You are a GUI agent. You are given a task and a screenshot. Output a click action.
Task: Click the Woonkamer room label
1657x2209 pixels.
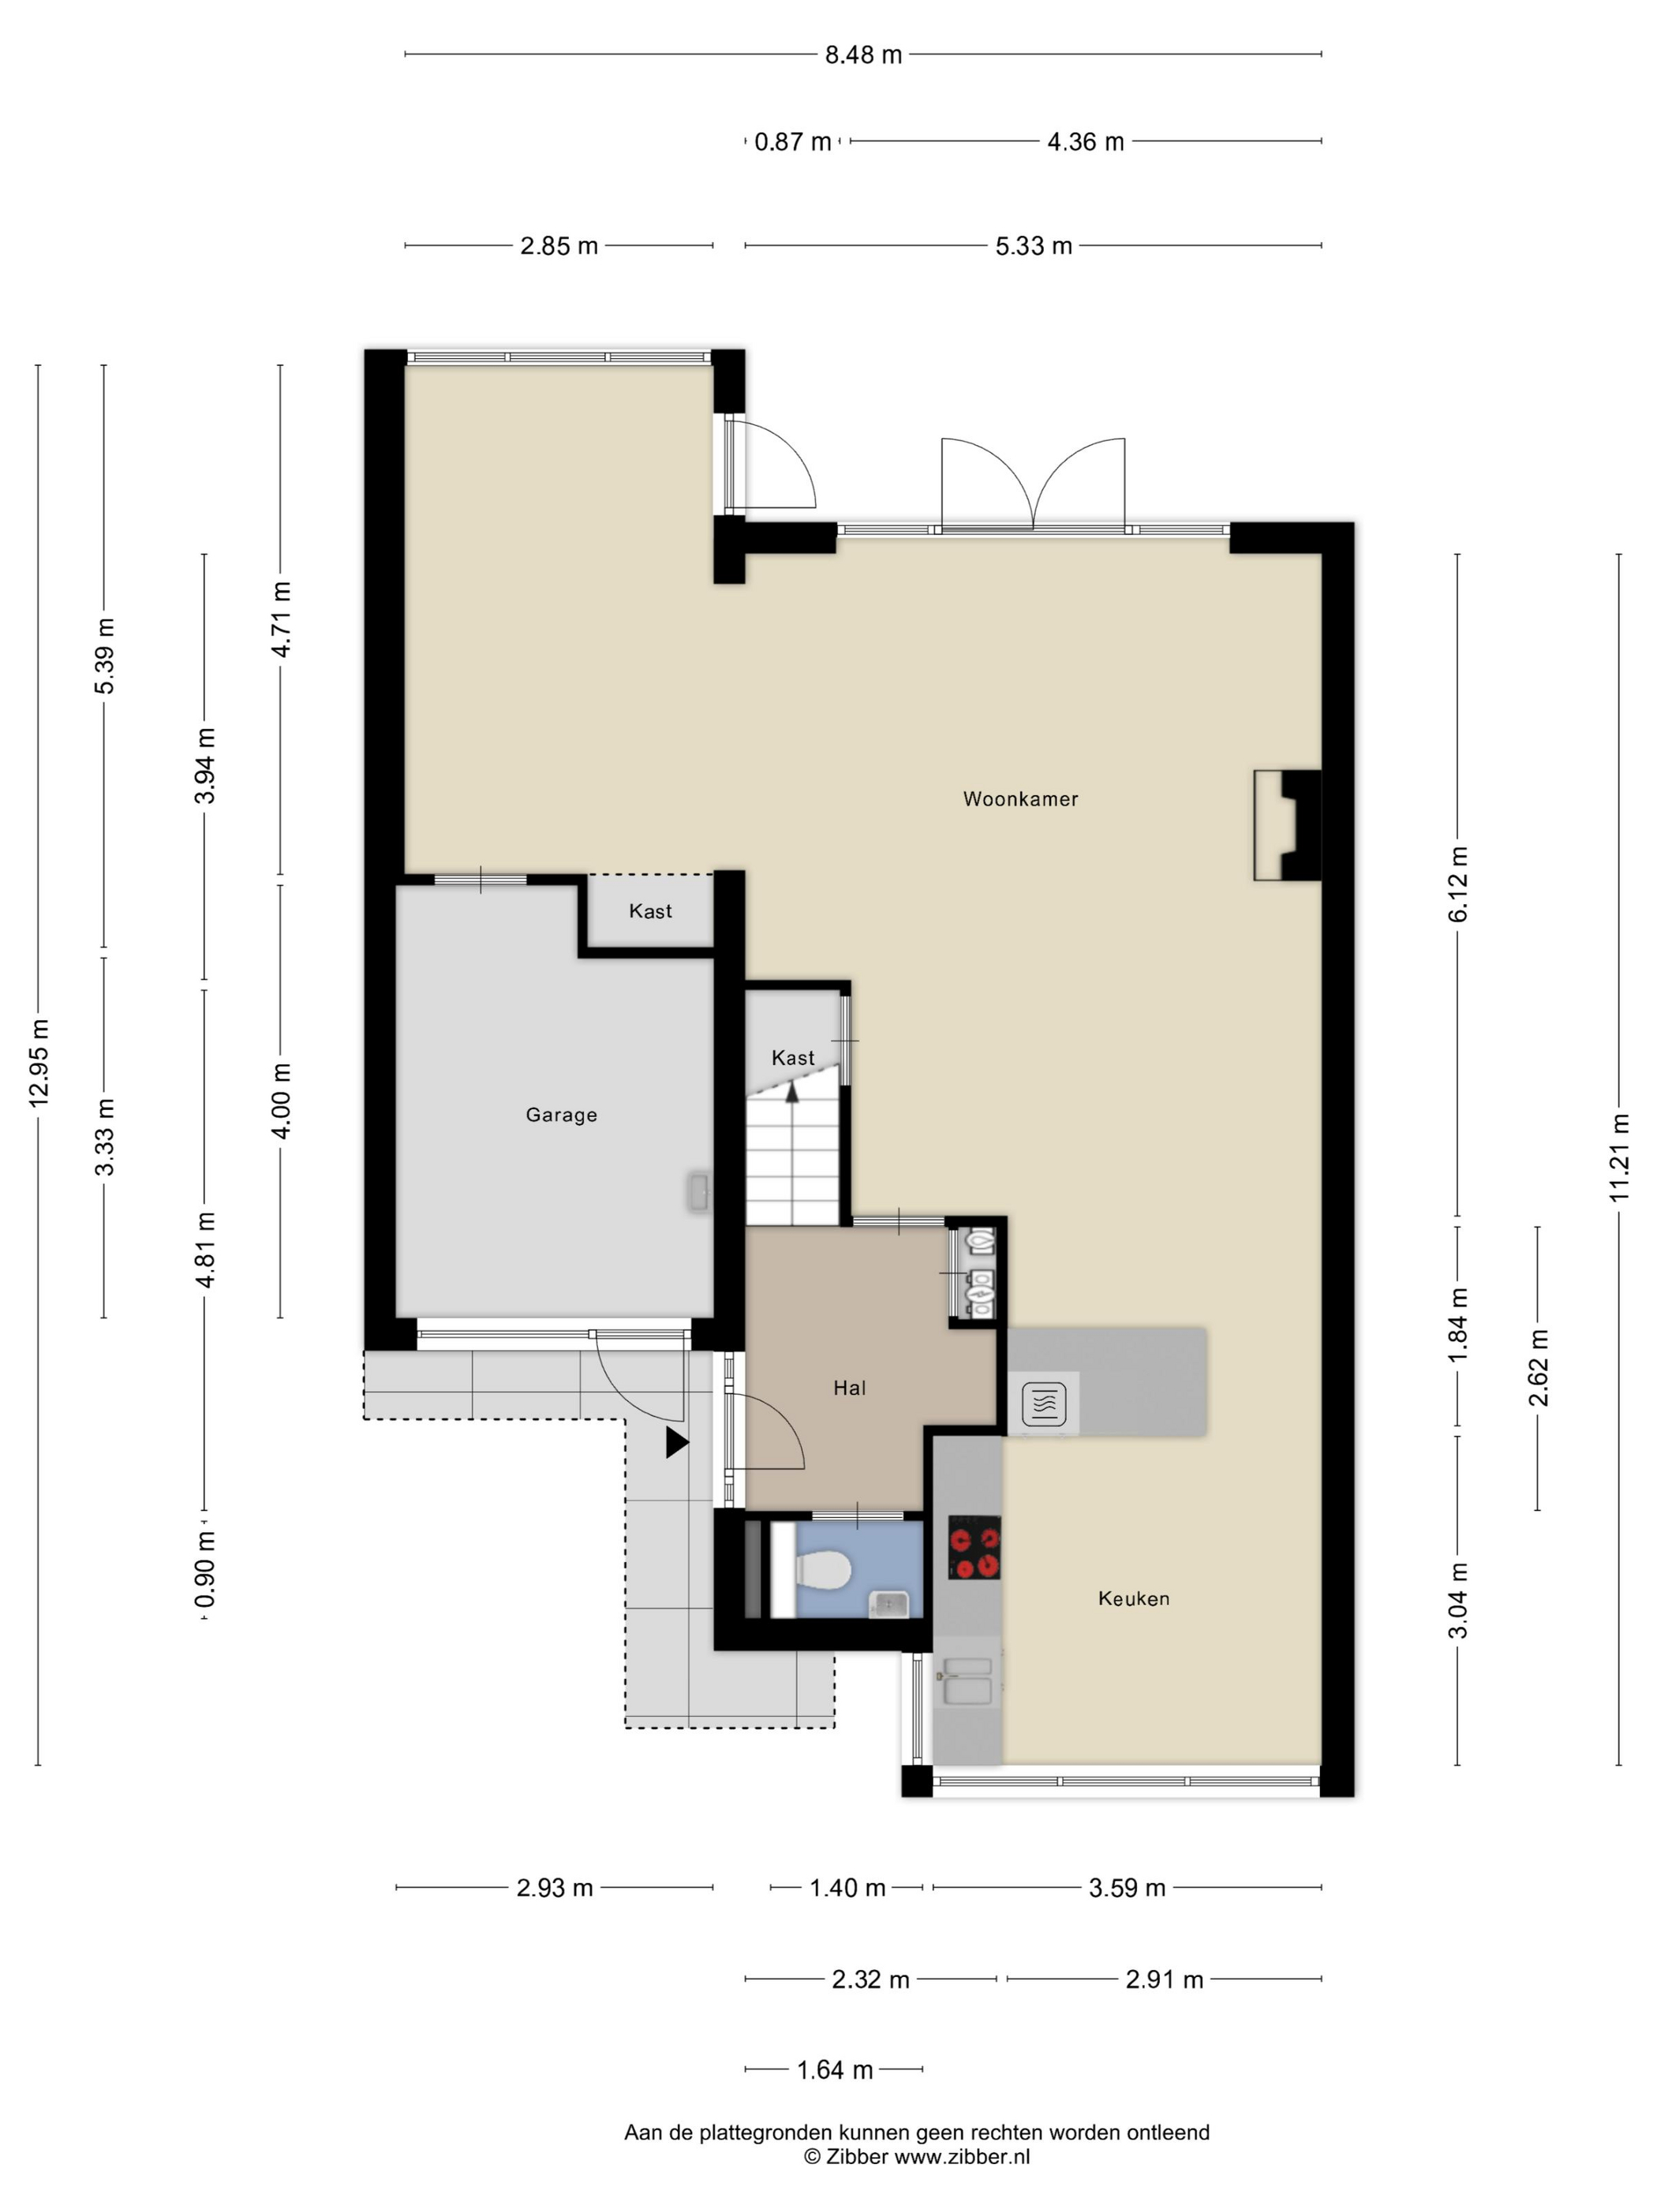point(1019,799)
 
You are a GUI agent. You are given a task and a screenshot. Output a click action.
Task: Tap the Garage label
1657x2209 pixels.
point(561,1115)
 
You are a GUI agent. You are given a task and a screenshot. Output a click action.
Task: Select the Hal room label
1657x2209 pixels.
point(849,1387)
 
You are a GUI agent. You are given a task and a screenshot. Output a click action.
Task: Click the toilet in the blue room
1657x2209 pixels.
point(822,1571)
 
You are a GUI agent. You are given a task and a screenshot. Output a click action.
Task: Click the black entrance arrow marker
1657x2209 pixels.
point(677,1442)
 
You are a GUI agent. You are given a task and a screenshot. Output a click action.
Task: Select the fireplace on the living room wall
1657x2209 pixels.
point(1288,825)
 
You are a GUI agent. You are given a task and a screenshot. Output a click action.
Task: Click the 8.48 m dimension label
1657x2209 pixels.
point(863,55)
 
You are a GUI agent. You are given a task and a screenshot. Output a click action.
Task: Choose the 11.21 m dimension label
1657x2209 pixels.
point(1619,1157)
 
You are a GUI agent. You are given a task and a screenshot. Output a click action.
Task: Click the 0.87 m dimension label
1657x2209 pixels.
point(792,142)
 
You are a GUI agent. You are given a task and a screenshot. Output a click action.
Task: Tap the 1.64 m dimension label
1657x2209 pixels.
point(834,2070)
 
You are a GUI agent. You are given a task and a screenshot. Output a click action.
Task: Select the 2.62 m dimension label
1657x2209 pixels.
point(1538,1367)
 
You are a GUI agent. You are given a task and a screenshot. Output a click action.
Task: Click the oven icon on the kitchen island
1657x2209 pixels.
point(1044,1403)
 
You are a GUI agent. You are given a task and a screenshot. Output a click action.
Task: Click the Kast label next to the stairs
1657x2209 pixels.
point(793,1058)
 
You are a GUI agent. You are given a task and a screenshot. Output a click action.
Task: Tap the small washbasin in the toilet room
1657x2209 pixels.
point(888,1605)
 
